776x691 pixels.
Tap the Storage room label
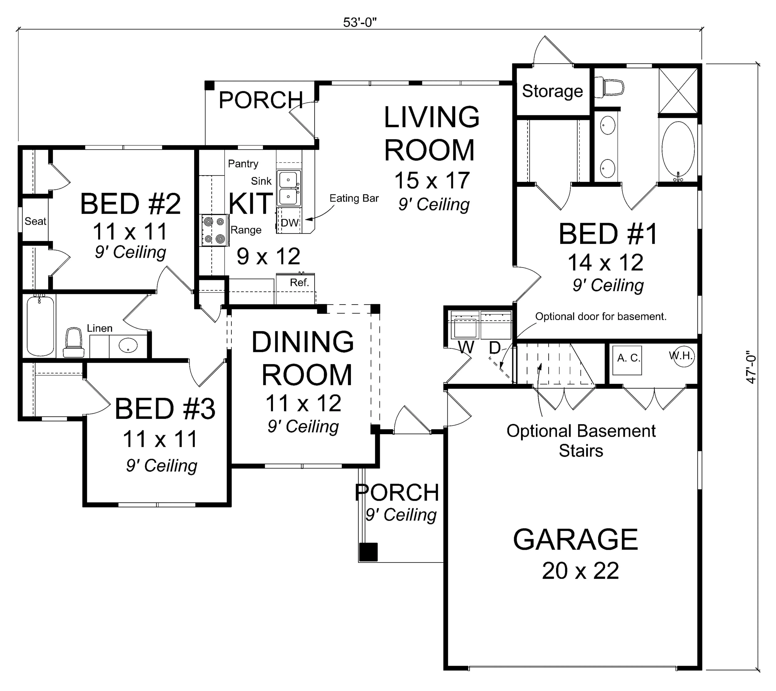(552, 91)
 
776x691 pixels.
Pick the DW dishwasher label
(290, 223)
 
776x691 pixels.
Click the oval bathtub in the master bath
(678, 151)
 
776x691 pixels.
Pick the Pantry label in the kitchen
(243, 164)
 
